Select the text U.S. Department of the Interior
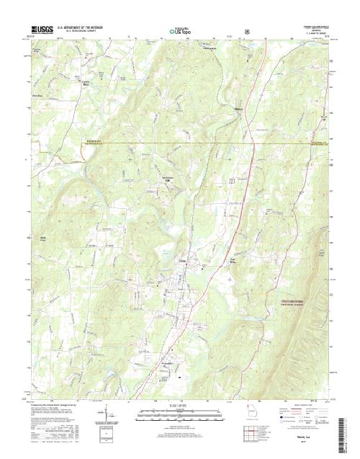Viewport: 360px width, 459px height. click(85, 27)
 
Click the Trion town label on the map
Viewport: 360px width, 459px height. click(182, 260)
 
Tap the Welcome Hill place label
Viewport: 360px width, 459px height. click(166, 180)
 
